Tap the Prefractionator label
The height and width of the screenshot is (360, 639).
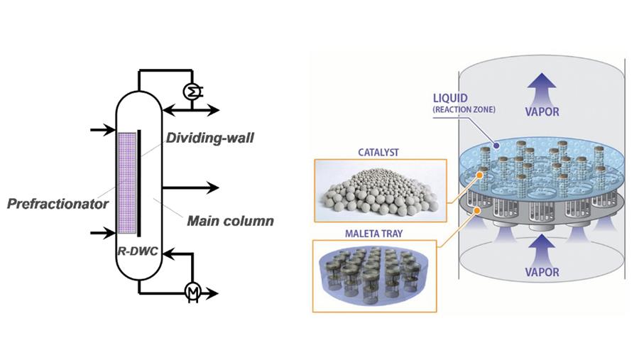pos(57,204)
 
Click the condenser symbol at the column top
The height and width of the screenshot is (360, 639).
pos(192,91)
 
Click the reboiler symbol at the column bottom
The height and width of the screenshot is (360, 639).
pos(191,291)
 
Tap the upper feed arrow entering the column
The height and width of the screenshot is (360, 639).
pos(99,130)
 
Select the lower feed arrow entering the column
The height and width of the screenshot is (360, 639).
pos(99,232)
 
